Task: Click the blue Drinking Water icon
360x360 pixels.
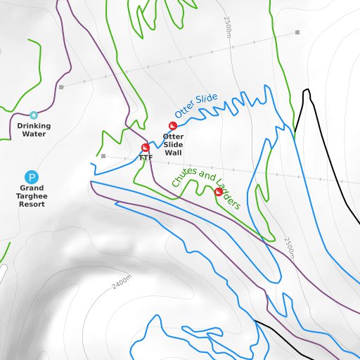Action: pos(34,115)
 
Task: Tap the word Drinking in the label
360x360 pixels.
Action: pos(34,126)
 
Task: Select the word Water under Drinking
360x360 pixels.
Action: pos(34,134)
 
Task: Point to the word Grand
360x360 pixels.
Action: pos(32,188)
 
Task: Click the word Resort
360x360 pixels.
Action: pos(32,204)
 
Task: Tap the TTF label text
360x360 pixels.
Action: pos(146,157)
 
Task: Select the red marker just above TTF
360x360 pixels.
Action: pos(146,148)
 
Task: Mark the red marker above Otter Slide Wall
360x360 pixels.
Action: pos(172,126)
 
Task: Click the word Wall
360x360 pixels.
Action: pos(173,153)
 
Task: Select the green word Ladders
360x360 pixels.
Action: pos(229,200)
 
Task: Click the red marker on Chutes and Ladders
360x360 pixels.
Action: pos(219,191)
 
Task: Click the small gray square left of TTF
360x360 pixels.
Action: pos(103,156)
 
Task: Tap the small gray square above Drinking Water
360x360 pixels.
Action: pos(61,87)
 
